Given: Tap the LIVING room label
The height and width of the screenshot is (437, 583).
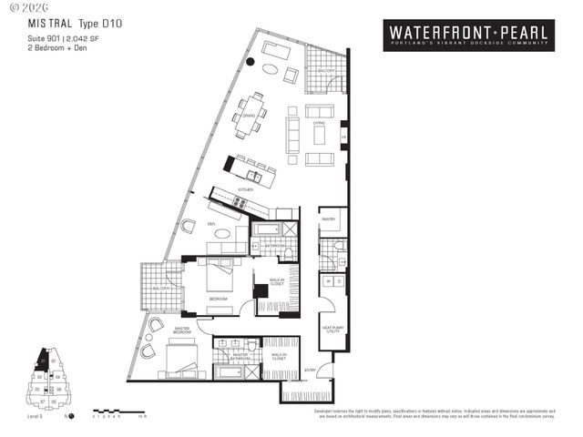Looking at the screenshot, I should pyautogui.click(x=319, y=122).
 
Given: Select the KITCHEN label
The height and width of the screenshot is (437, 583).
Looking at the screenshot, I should pyautogui.click(x=245, y=189).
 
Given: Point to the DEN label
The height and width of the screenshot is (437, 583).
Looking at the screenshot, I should pyautogui.click(x=210, y=224).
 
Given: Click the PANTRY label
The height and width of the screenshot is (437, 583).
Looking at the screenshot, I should pyautogui.click(x=328, y=219).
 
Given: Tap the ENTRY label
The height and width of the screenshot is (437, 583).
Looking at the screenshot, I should pyautogui.click(x=310, y=370).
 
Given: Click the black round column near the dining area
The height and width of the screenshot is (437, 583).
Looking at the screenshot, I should pyautogui.click(x=250, y=62).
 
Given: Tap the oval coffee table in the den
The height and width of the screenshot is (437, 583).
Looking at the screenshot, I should pyautogui.click(x=222, y=233).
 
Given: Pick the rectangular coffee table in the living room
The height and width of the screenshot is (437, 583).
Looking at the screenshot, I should pyautogui.click(x=320, y=135).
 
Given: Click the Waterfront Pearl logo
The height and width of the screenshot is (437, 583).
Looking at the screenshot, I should pyautogui.click(x=468, y=35).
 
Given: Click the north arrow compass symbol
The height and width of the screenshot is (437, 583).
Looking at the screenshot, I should pyautogui.click(x=71, y=420).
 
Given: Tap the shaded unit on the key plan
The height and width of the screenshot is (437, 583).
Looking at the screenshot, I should pyautogui.click(x=41, y=361).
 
